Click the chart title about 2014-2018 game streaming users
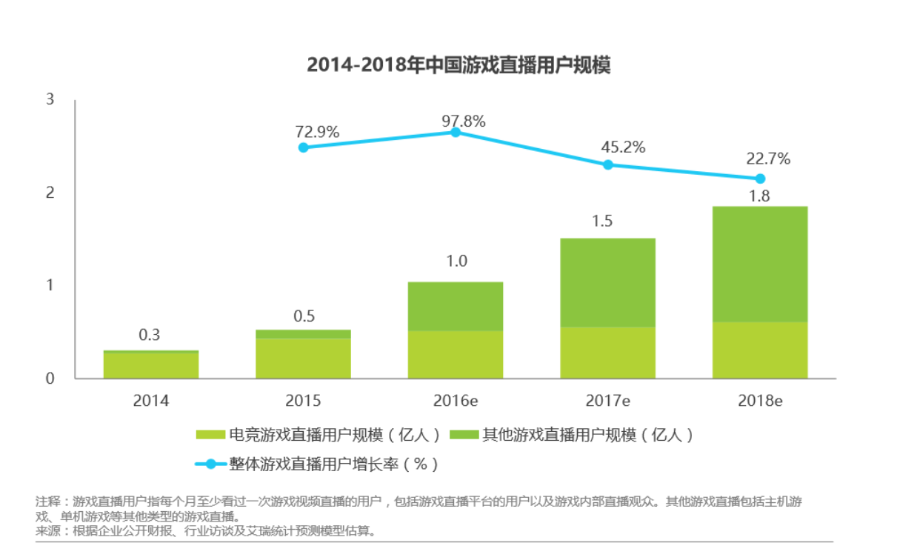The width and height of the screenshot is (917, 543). coord(458,65)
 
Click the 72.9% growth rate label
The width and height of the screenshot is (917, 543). coord(317,133)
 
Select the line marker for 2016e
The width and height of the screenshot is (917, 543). coord(456,132)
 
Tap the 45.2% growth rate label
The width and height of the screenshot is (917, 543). coord(623,147)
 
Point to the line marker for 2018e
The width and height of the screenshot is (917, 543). coord(760,179)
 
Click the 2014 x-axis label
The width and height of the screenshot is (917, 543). coord(151,401)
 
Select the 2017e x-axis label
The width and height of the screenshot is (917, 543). coord(608,401)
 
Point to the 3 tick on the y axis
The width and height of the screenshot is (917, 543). coord(50,99)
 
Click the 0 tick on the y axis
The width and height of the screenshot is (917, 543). coord(50,379)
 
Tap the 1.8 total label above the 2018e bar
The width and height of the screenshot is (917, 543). coord(760,196)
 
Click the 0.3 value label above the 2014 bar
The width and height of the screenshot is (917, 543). coord(150,335)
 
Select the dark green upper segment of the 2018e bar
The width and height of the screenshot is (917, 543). coord(760,264)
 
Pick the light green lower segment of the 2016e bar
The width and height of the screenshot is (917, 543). coord(456,354)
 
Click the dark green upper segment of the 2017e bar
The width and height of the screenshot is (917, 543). coord(608,282)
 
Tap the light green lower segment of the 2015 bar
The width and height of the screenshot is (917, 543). coord(303,359)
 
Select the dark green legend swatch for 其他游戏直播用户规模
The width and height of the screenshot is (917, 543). coord(463,435)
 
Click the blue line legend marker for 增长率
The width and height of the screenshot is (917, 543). coord(210,464)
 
